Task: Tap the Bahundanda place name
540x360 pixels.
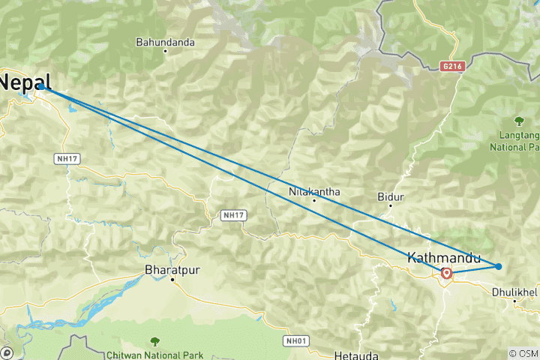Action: point(165,43)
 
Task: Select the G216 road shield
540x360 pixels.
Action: point(453,66)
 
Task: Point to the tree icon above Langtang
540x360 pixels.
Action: point(518,120)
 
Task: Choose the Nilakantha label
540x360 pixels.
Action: point(314,191)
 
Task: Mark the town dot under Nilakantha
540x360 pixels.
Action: point(314,200)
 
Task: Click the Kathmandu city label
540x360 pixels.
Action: point(444,257)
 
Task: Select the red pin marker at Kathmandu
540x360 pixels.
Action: point(447,274)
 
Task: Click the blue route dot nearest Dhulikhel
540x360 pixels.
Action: point(499,266)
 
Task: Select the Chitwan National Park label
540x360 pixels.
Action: point(154,334)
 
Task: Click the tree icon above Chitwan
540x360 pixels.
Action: point(154,320)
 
